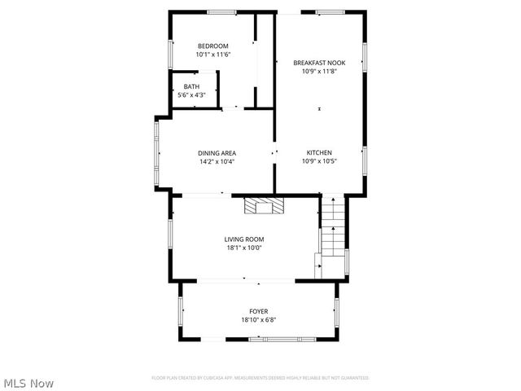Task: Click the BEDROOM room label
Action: tap(213, 46)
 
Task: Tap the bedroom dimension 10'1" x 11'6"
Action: tap(213, 55)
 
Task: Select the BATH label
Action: tap(191, 86)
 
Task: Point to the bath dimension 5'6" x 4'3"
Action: tap(191, 95)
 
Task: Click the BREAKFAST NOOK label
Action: tap(319, 63)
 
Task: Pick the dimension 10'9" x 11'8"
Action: tap(319, 71)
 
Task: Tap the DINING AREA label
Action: tap(217, 152)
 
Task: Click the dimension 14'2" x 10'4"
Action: tap(217, 161)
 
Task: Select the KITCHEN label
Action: tap(319, 152)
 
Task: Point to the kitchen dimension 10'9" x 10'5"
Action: tap(319, 161)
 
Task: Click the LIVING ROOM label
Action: tap(244, 239)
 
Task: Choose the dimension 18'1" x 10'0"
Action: tap(244, 248)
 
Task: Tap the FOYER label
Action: tap(258, 311)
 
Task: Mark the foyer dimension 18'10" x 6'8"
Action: tap(258, 320)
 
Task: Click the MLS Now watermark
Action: tap(28, 382)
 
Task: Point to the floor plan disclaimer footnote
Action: tap(260, 378)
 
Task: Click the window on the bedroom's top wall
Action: tap(221, 11)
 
